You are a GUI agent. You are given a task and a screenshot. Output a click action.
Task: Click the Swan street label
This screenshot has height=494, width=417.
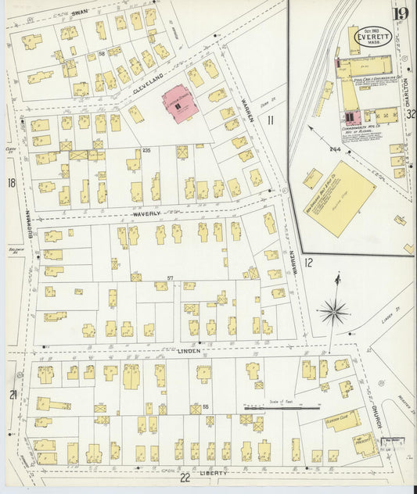tap(79, 13)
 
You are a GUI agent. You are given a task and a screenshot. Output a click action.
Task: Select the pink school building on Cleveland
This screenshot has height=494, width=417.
tap(180, 105)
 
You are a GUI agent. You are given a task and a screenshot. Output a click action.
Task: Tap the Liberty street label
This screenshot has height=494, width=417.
tap(214, 473)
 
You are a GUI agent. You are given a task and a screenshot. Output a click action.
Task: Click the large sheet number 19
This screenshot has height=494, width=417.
tap(401, 13)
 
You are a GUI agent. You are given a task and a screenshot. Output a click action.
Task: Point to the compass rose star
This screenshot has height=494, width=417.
tap(334, 311)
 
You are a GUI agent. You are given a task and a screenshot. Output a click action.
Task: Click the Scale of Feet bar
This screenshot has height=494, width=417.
tap(282, 407)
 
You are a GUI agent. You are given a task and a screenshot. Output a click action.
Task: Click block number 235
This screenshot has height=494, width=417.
tap(146, 150)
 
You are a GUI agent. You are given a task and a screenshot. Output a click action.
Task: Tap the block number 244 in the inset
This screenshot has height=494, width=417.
tap(336, 150)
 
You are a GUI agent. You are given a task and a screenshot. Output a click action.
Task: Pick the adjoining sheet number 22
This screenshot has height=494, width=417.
tap(185, 478)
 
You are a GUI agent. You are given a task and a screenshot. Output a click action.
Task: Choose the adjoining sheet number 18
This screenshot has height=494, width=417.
tap(11, 183)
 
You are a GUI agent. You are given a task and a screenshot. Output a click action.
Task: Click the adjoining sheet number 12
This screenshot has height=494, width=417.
tap(308, 263)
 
